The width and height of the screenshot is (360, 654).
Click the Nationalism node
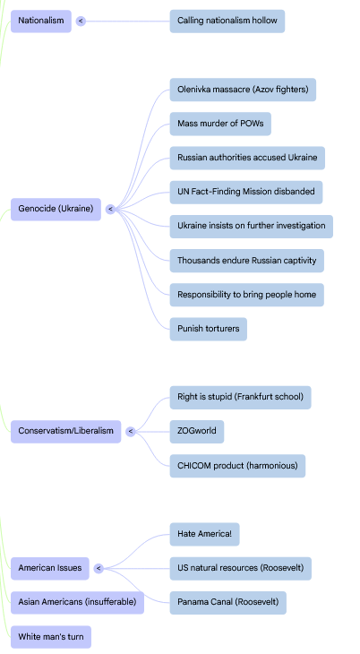[x=41, y=21]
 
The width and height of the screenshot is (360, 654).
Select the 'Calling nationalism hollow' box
[x=227, y=21]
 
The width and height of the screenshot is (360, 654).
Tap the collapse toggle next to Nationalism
[x=81, y=21]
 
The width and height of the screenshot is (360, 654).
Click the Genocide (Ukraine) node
[x=56, y=209]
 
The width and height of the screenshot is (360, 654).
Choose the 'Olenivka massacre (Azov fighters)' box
[x=243, y=90]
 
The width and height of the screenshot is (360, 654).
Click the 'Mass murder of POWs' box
[x=220, y=124]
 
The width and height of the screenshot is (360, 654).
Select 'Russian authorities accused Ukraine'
[x=247, y=158]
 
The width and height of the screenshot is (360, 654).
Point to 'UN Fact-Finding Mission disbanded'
[x=245, y=193]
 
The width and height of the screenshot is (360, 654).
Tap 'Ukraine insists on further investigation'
[x=251, y=227]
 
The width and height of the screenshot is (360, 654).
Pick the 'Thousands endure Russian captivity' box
[x=246, y=261]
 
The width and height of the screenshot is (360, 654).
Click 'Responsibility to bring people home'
[x=246, y=295]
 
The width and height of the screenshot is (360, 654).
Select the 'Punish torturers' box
[x=208, y=329]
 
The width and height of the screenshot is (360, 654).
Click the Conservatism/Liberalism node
[x=66, y=431]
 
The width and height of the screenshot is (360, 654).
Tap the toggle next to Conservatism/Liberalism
[x=131, y=431]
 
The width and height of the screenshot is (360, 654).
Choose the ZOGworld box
[x=196, y=431]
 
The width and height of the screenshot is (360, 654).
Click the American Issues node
[x=50, y=568]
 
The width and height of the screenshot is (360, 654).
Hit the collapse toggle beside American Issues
[x=99, y=568]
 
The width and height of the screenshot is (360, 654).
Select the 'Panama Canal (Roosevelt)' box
[x=227, y=602]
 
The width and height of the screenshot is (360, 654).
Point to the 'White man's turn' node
[x=51, y=637]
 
